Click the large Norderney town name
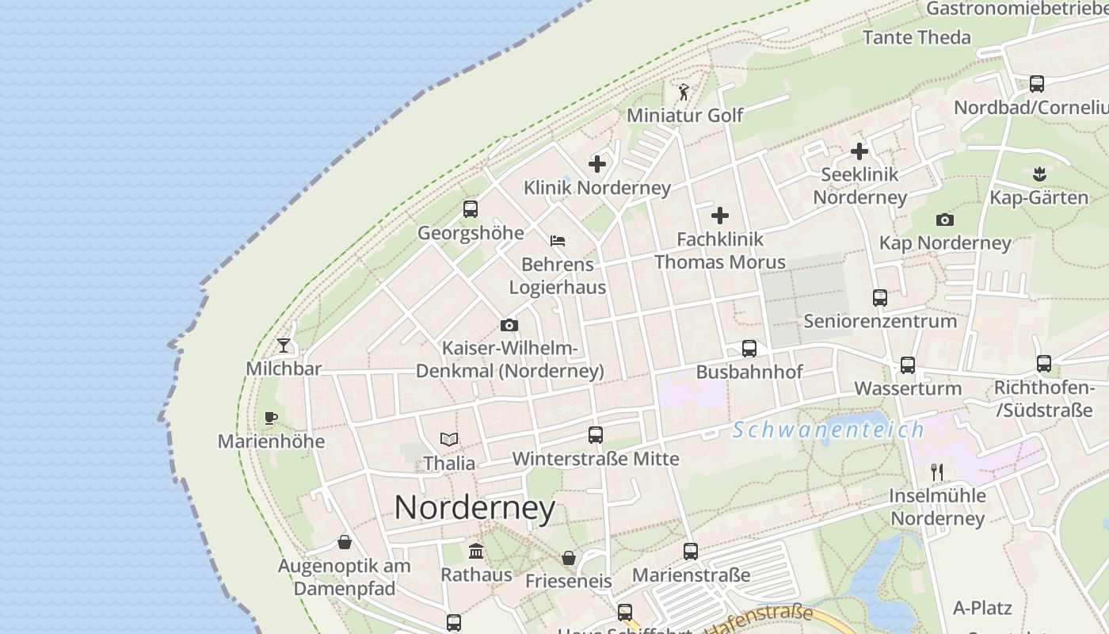[x=474, y=507]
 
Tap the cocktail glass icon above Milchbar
[x=284, y=346]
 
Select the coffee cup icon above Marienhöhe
[x=271, y=418]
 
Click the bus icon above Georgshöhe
[x=471, y=209]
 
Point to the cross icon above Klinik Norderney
[x=597, y=164]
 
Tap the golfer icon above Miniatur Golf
[x=684, y=92]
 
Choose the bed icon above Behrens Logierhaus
[x=558, y=240]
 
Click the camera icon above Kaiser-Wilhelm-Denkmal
[x=509, y=325]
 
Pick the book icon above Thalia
[x=449, y=439]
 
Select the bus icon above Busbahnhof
[x=749, y=349]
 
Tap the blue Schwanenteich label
[x=829, y=430]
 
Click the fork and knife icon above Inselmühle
[x=937, y=472]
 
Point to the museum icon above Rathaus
[x=476, y=551]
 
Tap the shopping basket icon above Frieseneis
[x=569, y=558]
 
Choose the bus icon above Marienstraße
[x=691, y=551]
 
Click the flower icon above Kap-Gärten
[x=1039, y=173]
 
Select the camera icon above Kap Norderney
[x=945, y=220]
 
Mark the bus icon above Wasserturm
[x=908, y=365]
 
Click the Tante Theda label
[x=916, y=37]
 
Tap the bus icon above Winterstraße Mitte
[x=596, y=435]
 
